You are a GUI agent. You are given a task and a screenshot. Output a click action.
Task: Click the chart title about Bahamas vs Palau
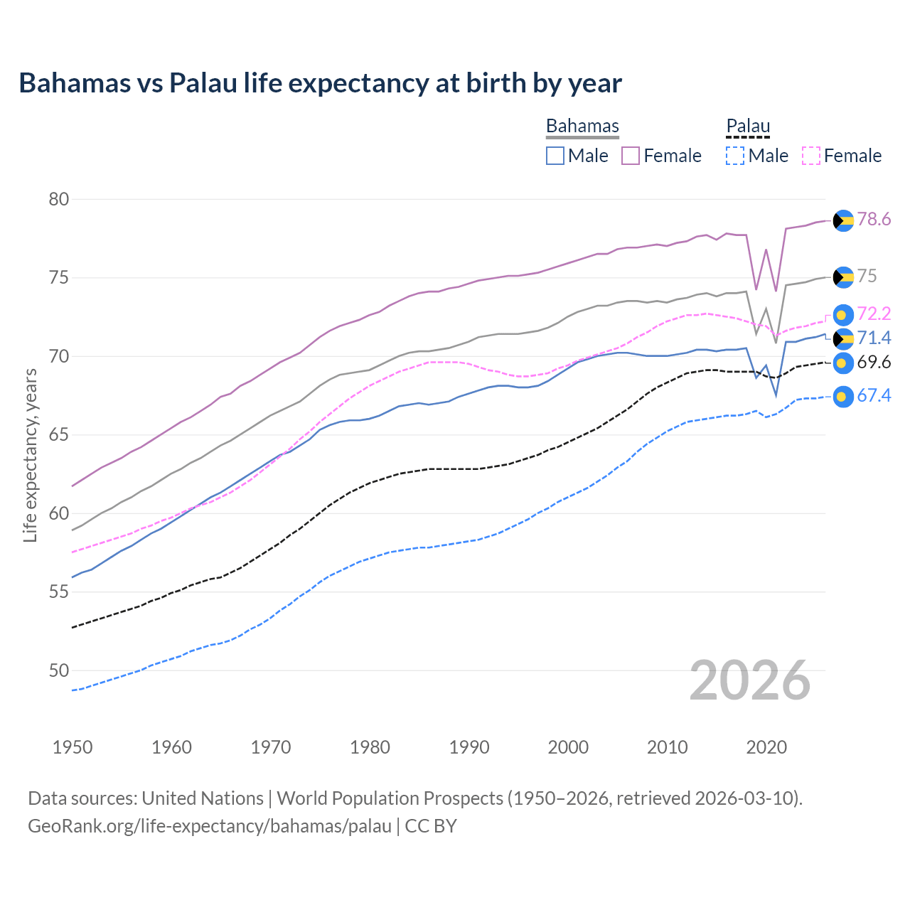click(320, 83)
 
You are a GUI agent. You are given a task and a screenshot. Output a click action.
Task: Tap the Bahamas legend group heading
click(582, 127)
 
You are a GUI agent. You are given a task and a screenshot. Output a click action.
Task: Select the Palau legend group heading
click(748, 127)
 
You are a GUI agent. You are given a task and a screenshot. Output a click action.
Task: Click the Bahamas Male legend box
click(555, 156)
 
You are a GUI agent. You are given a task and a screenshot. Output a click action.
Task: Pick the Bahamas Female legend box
click(631, 156)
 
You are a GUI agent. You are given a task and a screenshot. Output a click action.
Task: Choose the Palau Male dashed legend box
click(735, 156)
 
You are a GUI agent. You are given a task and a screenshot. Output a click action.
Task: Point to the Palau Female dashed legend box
click(811, 156)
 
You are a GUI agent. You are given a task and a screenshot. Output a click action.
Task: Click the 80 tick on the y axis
click(59, 199)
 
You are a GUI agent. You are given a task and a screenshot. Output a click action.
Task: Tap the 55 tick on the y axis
click(59, 592)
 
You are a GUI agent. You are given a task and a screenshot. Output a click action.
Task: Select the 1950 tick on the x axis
click(73, 747)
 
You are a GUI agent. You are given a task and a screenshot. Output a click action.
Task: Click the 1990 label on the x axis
click(469, 747)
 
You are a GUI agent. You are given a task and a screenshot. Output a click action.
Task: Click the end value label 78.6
click(874, 220)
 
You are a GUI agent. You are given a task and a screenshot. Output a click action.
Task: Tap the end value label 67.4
click(874, 396)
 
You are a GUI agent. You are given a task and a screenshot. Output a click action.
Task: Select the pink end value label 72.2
click(874, 314)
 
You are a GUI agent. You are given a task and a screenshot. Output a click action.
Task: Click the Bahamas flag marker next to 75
click(843, 277)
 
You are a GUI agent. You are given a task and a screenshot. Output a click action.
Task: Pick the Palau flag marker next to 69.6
click(843, 363)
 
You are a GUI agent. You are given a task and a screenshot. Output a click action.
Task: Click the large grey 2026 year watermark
click(750, 680)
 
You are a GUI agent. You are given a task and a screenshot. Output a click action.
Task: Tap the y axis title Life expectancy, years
click(30, 455)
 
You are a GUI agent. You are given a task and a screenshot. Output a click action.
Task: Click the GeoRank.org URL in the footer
click(210, 826)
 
